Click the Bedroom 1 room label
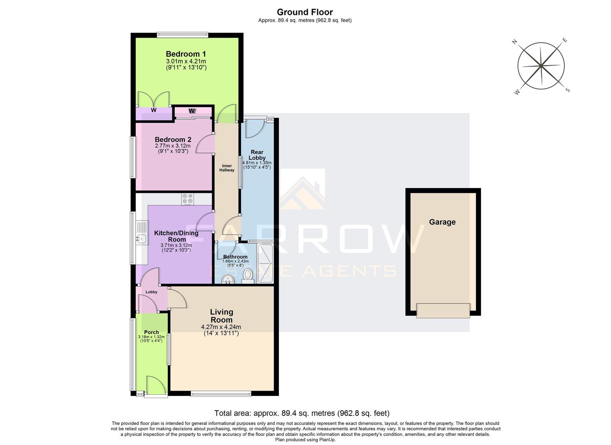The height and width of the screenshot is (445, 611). point(186,54)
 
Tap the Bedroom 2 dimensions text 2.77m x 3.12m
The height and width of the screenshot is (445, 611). point(173,146)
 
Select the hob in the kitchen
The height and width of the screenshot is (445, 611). point(188,199)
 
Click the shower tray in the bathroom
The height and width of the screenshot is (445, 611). point(265,263)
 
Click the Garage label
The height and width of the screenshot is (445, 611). point(442,222)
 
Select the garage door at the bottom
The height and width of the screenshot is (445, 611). point(443,310)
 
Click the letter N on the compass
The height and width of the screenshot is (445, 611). point(514,42)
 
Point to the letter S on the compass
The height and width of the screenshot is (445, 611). point(567,90)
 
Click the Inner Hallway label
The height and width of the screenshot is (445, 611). point(227,168)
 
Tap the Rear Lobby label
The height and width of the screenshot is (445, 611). point(257,155)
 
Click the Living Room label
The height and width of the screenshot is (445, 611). point(221,316)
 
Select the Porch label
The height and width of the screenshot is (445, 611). point(151,332)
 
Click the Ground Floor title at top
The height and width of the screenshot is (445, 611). point(304,12)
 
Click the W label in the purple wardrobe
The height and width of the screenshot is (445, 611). point(153,110)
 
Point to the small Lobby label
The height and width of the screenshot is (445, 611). point(151,292)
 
